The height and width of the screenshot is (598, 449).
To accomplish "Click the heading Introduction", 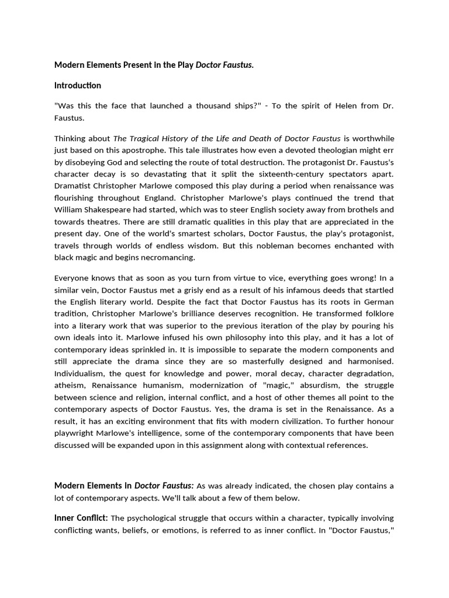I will point(78,85).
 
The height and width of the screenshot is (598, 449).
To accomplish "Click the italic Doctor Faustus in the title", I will point(224,65).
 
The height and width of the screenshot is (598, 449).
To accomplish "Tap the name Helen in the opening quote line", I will point(336,106).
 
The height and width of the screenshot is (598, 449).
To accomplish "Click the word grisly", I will point(173,290).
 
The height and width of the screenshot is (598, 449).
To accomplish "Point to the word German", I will point(379,301).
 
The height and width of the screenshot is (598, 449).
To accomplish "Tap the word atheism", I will point(69,385).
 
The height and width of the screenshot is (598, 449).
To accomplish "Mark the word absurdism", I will point(308,385).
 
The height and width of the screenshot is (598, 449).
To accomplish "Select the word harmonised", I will point(367,361).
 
